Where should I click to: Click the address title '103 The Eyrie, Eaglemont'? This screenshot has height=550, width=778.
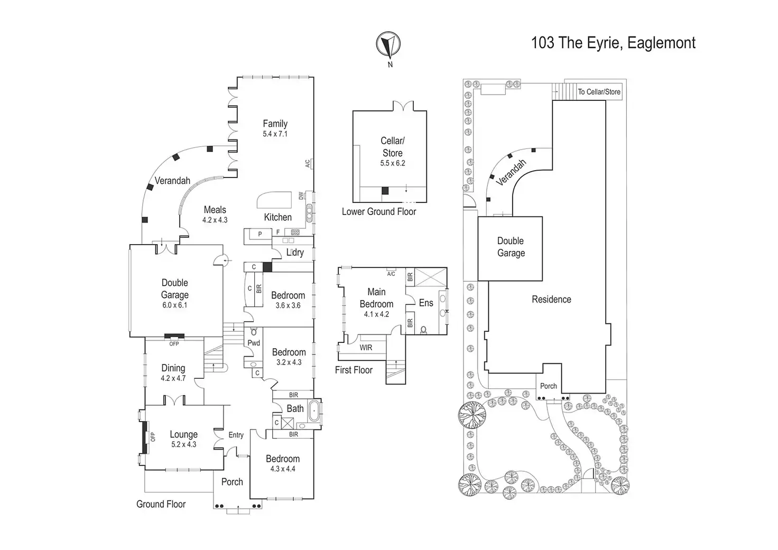click(613, 43)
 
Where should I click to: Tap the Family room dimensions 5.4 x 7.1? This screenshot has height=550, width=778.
click(275, 134)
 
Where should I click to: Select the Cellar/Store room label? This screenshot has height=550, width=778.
click(392, 146)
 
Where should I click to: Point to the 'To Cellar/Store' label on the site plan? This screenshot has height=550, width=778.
click(599, 92)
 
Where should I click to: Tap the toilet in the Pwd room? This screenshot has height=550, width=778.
click(254, 332)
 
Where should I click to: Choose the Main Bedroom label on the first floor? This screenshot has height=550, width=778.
click(376, 297)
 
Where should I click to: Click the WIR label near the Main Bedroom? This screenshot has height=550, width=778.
click(366, 348)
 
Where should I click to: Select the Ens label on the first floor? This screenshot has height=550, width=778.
click(426, 303)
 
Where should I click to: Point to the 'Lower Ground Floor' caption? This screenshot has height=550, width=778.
click(378, 212)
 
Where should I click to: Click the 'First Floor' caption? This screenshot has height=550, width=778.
click(354, 370)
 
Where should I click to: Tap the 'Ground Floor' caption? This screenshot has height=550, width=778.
click(161, 505)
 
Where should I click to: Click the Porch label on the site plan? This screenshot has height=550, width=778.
click(548, 386)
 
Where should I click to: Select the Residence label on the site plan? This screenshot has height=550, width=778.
click(551, 300)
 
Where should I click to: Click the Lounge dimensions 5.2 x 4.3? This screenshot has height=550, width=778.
click(183, 445)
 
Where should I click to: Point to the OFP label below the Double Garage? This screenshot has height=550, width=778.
click(174, 344)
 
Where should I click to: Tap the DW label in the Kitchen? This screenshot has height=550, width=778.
click(301, 195)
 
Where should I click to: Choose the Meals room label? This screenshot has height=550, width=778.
click(215, 210)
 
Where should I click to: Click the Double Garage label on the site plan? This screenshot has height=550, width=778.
click(511, 247)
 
